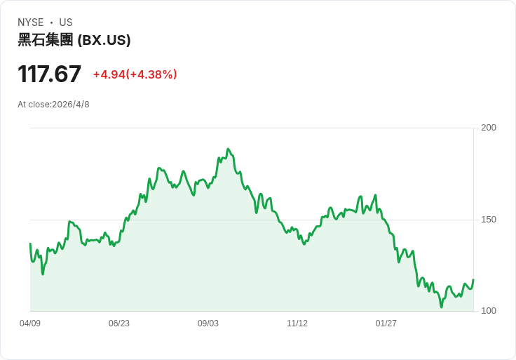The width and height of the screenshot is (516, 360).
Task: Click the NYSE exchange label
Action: [30, 22]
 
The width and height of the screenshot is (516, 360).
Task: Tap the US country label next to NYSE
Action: [66, 22]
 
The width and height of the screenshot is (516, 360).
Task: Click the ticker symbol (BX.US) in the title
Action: [104, 40]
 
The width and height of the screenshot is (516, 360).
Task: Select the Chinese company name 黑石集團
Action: [45, 40]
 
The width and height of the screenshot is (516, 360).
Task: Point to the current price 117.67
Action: [49, 74]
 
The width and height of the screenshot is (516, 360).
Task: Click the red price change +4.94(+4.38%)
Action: [135, 74]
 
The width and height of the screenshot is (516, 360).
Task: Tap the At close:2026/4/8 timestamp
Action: [53, 105]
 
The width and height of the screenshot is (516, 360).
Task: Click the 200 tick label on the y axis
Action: [489, 128]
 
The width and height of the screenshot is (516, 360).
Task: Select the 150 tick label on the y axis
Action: [489, 220]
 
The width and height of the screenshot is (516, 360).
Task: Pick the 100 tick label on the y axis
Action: [489, 311]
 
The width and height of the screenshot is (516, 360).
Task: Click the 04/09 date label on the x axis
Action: [30, 323]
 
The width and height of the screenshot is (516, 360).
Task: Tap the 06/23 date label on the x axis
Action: [119, 323]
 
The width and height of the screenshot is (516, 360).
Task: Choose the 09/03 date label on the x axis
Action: [208, 323]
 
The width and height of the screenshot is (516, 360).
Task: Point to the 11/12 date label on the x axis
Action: [297, 323]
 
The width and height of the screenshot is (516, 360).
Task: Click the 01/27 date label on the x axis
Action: [386, 323]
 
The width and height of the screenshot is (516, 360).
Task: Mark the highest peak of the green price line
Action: [228, 149]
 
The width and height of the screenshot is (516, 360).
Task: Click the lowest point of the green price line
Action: [441, 307]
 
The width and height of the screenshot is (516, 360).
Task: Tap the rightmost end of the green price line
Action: [473, 279]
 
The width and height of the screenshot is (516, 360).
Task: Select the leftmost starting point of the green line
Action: [30, 244]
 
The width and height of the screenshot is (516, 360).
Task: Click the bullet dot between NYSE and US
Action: [51, 22]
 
